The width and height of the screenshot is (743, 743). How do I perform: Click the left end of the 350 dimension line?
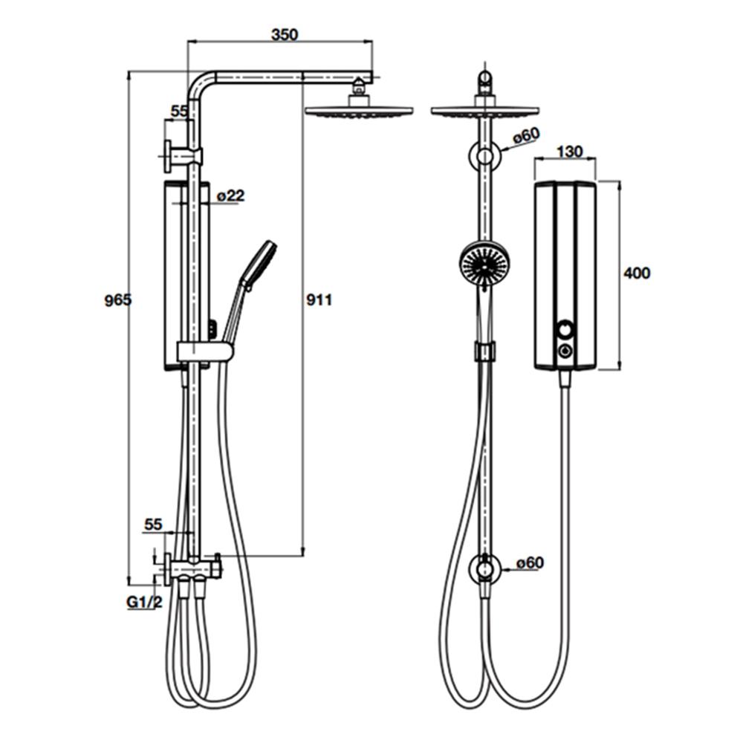click(x=188, y=42)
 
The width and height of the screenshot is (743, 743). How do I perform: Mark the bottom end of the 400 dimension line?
click(x=619, y=369)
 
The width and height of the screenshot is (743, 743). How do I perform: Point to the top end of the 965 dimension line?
click(x=129, y=72)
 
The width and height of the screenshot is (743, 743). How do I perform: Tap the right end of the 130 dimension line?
click(x=596, y=160)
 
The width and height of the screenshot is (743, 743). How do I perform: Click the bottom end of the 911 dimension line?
click(x=303, y=555)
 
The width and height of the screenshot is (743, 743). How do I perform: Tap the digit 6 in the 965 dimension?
click(x=118, y=300)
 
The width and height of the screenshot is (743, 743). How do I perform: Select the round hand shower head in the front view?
click(x=480, y=262)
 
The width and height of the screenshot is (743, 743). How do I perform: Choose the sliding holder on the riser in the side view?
click(x=205, y=352)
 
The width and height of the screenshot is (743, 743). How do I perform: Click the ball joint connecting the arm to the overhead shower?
click(x=360, y=87)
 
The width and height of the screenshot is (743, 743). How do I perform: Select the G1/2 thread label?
click(x=144, y=603)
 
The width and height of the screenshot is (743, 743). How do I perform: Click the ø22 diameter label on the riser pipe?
click(x=231, y=195)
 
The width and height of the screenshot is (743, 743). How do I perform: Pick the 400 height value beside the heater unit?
click(x=637, y=273)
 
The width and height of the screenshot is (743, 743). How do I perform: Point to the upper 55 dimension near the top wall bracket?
click(x=179, y=111)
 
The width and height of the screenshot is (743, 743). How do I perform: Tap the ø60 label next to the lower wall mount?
click(x=530, y=563)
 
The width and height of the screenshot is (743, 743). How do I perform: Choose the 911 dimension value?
click(x=319, y=300)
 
